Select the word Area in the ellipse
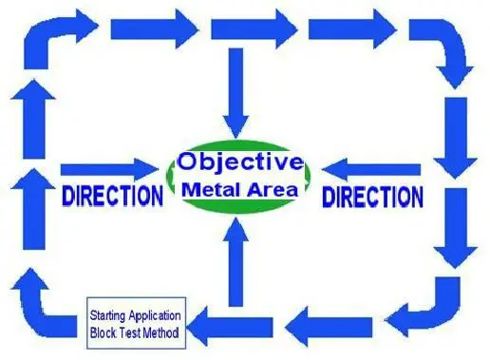273,190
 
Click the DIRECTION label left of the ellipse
113,196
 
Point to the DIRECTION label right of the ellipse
372,197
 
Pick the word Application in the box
155,316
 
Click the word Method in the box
160,333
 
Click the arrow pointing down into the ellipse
236,93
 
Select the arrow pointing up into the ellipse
236,262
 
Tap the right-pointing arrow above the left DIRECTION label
109,170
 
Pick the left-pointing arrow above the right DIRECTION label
371,170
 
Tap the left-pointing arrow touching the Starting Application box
230,327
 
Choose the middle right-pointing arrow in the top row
254,29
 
